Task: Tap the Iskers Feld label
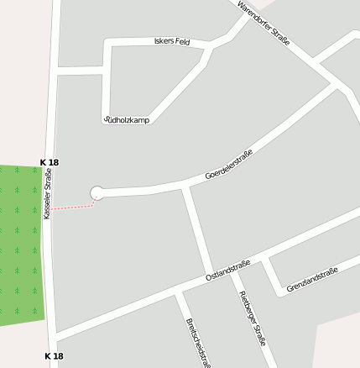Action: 173,41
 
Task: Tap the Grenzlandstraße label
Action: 311,280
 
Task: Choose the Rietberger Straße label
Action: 253,318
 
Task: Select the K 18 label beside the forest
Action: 50,161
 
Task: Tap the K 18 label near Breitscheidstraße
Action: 54,356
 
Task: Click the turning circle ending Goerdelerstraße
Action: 97,193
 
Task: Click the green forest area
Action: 21,244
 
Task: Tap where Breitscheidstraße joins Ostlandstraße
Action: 177,292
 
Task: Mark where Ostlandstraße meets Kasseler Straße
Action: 55,334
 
